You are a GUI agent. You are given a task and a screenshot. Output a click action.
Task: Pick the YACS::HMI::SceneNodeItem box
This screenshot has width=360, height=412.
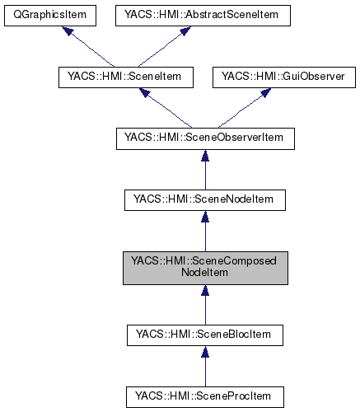[204, 200]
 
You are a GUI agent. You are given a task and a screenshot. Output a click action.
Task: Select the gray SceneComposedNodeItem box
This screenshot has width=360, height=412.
[204, 268]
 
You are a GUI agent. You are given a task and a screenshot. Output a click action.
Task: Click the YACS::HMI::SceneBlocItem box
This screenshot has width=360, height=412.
[204, 335]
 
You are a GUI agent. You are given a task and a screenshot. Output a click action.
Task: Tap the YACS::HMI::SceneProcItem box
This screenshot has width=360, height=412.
[204, 396]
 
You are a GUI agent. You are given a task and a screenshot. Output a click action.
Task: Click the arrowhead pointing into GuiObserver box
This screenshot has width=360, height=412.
[264, 93]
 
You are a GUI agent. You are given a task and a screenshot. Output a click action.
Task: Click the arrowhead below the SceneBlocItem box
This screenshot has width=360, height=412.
[204, 353]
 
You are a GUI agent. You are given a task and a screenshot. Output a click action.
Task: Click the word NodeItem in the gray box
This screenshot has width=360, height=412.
[204, 274]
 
